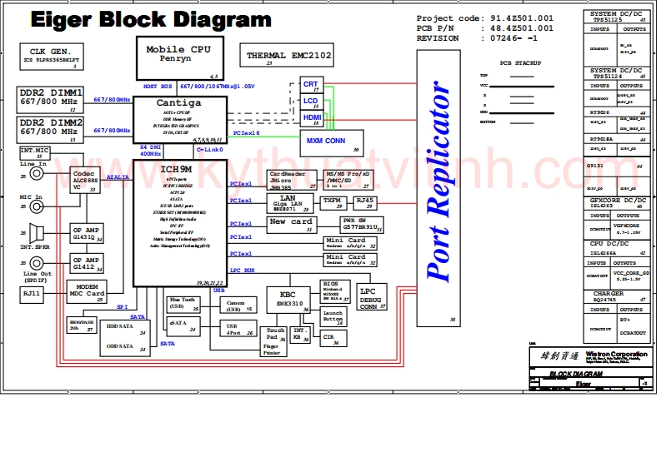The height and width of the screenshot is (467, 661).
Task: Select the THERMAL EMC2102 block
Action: point(288,57)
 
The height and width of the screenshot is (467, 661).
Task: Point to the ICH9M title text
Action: point(178,169)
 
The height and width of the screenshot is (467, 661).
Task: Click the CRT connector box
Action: point(311,86)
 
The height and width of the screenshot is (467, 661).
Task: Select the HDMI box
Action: point(312,119)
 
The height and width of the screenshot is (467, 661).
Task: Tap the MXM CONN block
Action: point(326,142)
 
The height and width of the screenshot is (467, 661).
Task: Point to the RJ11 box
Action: point(32,293)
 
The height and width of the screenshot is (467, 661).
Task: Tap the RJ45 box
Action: point(365,202)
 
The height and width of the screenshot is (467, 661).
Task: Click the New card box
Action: point(291,224)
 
